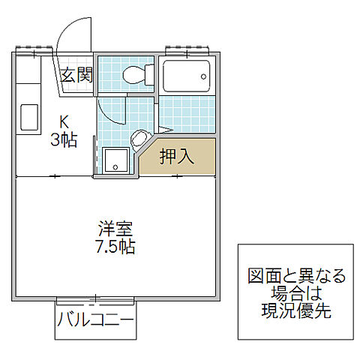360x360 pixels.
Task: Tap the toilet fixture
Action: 136,75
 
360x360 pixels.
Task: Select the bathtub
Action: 187,76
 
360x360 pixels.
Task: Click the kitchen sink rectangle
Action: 29,118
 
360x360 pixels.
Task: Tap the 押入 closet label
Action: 177,157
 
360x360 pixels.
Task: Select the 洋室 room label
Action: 115,226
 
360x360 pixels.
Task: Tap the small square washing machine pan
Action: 115,160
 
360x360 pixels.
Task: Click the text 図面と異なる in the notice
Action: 297,275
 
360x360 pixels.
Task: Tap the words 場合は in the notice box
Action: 297,293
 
